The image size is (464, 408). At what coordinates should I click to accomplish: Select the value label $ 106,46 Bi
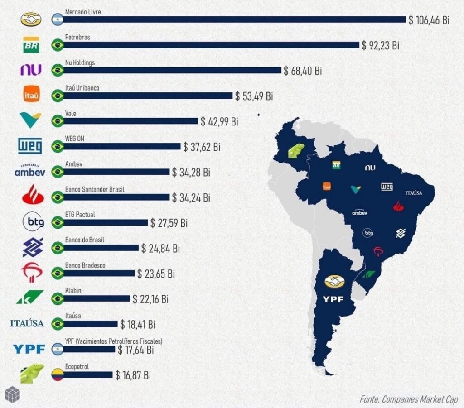[x=429, y=20]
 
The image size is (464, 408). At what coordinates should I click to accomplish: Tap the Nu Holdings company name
[x=80, y=63]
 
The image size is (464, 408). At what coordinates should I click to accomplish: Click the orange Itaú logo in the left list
[x=32, y=96]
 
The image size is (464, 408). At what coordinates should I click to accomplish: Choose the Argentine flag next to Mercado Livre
[x=58, y=19]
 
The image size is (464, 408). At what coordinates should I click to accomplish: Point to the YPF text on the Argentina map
[x=334, y=299]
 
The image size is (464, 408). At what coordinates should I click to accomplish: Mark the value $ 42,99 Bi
[x=219, y=121]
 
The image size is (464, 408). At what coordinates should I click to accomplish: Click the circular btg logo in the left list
[x=32, y=222]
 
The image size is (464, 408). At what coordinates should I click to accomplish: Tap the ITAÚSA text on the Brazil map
[x=413, y=193]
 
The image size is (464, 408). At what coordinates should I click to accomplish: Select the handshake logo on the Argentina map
[x=334, y=281]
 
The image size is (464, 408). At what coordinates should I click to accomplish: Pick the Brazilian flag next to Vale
[x=58, y=121]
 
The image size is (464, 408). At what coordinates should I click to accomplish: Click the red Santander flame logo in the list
[x=32, y=195]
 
